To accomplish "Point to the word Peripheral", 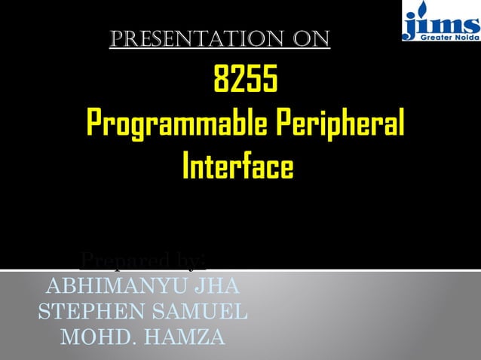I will coord(337,123).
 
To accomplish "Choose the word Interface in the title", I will coord(237,166).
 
